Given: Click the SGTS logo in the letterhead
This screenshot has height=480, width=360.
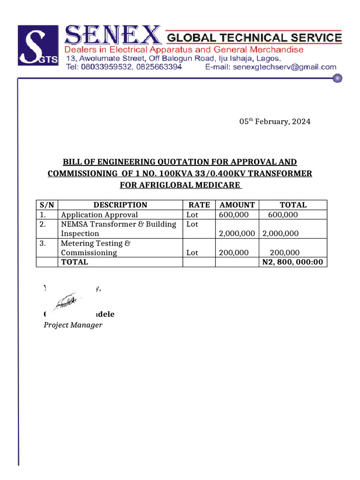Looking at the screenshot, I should click(38, 45).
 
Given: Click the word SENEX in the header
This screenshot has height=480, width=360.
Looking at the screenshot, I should click(112, 36).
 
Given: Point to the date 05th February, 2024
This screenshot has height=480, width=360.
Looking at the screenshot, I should click(275, 121).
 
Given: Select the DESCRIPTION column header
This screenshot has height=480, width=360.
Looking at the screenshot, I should click(120, 205).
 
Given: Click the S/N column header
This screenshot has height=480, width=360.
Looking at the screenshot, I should click(47, 205).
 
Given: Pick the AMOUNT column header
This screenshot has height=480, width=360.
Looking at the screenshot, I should click(237, 205).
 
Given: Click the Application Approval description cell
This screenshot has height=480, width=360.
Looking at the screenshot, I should click(99, 215).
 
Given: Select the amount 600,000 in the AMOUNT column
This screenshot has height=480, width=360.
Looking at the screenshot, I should click(233, 215).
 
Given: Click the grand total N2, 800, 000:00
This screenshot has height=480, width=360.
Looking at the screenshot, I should click(292, 262).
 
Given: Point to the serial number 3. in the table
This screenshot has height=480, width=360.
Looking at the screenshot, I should click(43, 243).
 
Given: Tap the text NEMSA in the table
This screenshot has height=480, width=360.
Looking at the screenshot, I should click(73, 224).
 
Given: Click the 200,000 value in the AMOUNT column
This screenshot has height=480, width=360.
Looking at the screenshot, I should click(233, 253).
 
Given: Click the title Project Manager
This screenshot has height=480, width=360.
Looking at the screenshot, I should click(73, 325).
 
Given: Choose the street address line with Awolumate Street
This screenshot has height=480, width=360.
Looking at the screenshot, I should click(173, 59).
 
